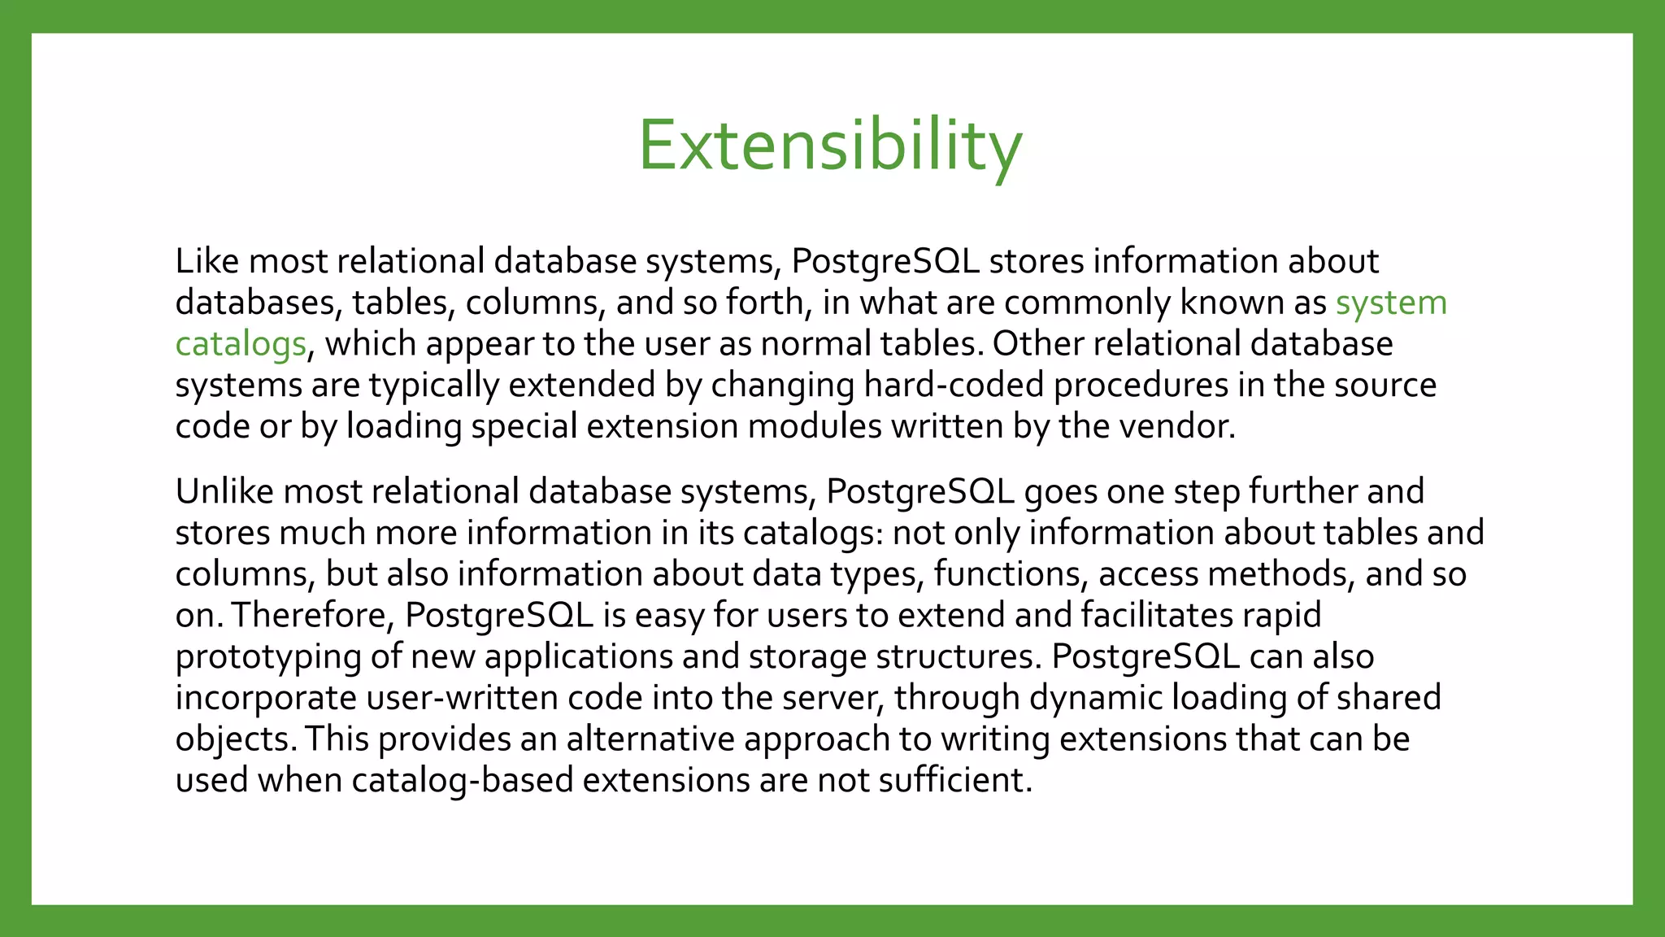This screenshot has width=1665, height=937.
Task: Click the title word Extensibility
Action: tap(830, 146)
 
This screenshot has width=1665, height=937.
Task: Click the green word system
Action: tap(1391, 303)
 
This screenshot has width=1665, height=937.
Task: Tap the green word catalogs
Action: tap(241, 344)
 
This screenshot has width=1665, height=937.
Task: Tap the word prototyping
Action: tap(267, 657)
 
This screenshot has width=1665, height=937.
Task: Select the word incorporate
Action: tap(266, 698)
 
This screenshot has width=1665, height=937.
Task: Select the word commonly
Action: tap(1087, 303)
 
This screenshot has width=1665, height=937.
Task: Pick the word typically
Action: tap(434, 386)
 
